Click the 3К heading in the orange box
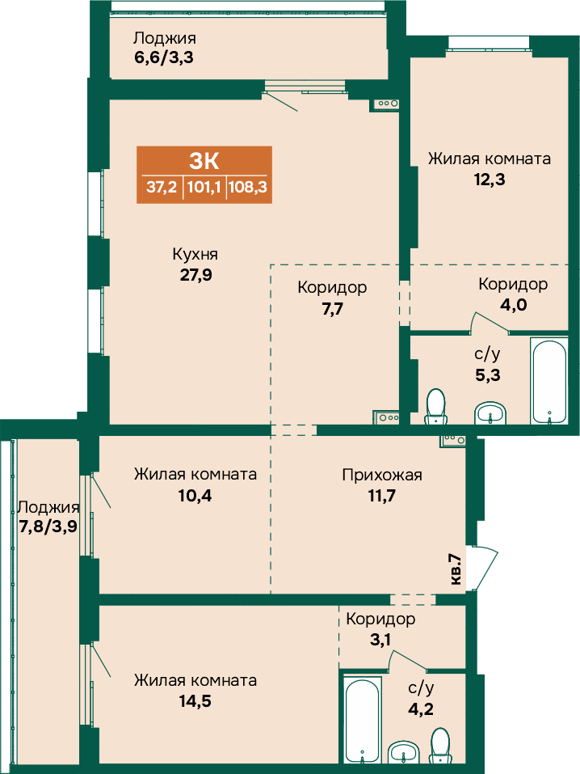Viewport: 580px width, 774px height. (204, 161)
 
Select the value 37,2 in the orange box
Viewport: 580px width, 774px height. (162, 187)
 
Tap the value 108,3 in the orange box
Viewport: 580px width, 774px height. (247, 187)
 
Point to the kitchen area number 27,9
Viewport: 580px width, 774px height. (195, 274)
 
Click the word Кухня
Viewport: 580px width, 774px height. (195, 254)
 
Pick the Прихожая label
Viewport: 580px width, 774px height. (382, 476)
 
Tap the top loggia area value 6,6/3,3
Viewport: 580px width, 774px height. (164, 57)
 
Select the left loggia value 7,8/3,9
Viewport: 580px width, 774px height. (48, 527)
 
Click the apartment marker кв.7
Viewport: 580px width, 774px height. (456, 569)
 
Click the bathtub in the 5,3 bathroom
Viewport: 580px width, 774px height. (549, 381)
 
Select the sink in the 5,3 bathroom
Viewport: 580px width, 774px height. (490, 413)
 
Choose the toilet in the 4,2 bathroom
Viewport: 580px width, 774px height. (439, 746)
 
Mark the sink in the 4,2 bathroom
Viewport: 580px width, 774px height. (404, 752)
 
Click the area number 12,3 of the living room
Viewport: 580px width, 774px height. (490, 180)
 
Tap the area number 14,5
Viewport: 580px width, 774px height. (195, 701)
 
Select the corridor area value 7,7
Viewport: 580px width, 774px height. (333, 309)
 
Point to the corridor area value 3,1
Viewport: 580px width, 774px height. (380, 641)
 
